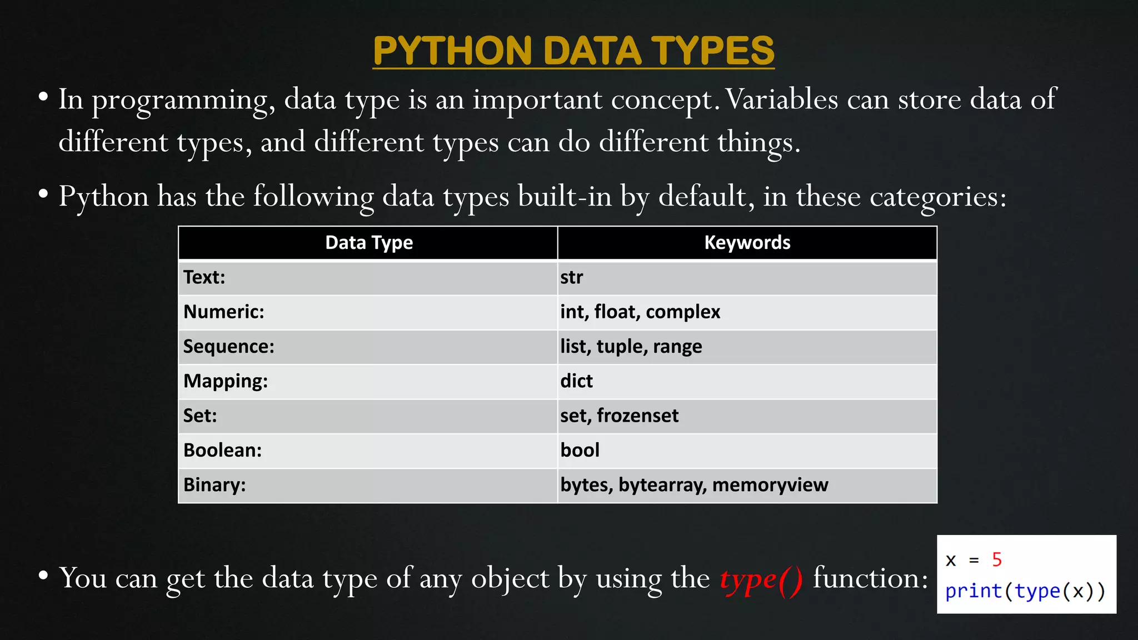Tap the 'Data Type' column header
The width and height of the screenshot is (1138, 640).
click(369, 243)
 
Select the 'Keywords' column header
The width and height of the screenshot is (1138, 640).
click(747, 243)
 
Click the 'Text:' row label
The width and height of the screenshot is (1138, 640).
click(204, 277)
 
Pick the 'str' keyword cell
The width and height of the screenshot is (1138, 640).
click(571, 277)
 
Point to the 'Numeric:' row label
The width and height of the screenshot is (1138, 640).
click(224, 312)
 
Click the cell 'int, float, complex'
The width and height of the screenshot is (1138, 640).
click(640, 312)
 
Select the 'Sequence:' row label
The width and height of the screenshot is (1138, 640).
click(229, 347)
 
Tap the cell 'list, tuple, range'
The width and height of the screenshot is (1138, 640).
click(631, 347)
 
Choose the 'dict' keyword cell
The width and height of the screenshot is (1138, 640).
click(576, 381)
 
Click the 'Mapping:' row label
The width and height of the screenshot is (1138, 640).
click(226, 381)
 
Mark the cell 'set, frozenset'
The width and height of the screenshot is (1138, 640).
click(619, 416)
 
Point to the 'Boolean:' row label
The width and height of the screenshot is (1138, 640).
click(222, 450)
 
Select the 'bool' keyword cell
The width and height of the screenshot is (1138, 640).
click(580, 450)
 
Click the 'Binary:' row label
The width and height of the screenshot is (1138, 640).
click(214, 485)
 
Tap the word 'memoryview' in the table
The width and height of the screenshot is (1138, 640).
click(770, 485)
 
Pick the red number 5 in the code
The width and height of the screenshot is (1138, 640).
click(996, 559)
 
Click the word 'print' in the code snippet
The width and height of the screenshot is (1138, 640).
click(974, 591)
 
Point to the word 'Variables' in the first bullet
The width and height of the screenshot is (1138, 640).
click(782, 100)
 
